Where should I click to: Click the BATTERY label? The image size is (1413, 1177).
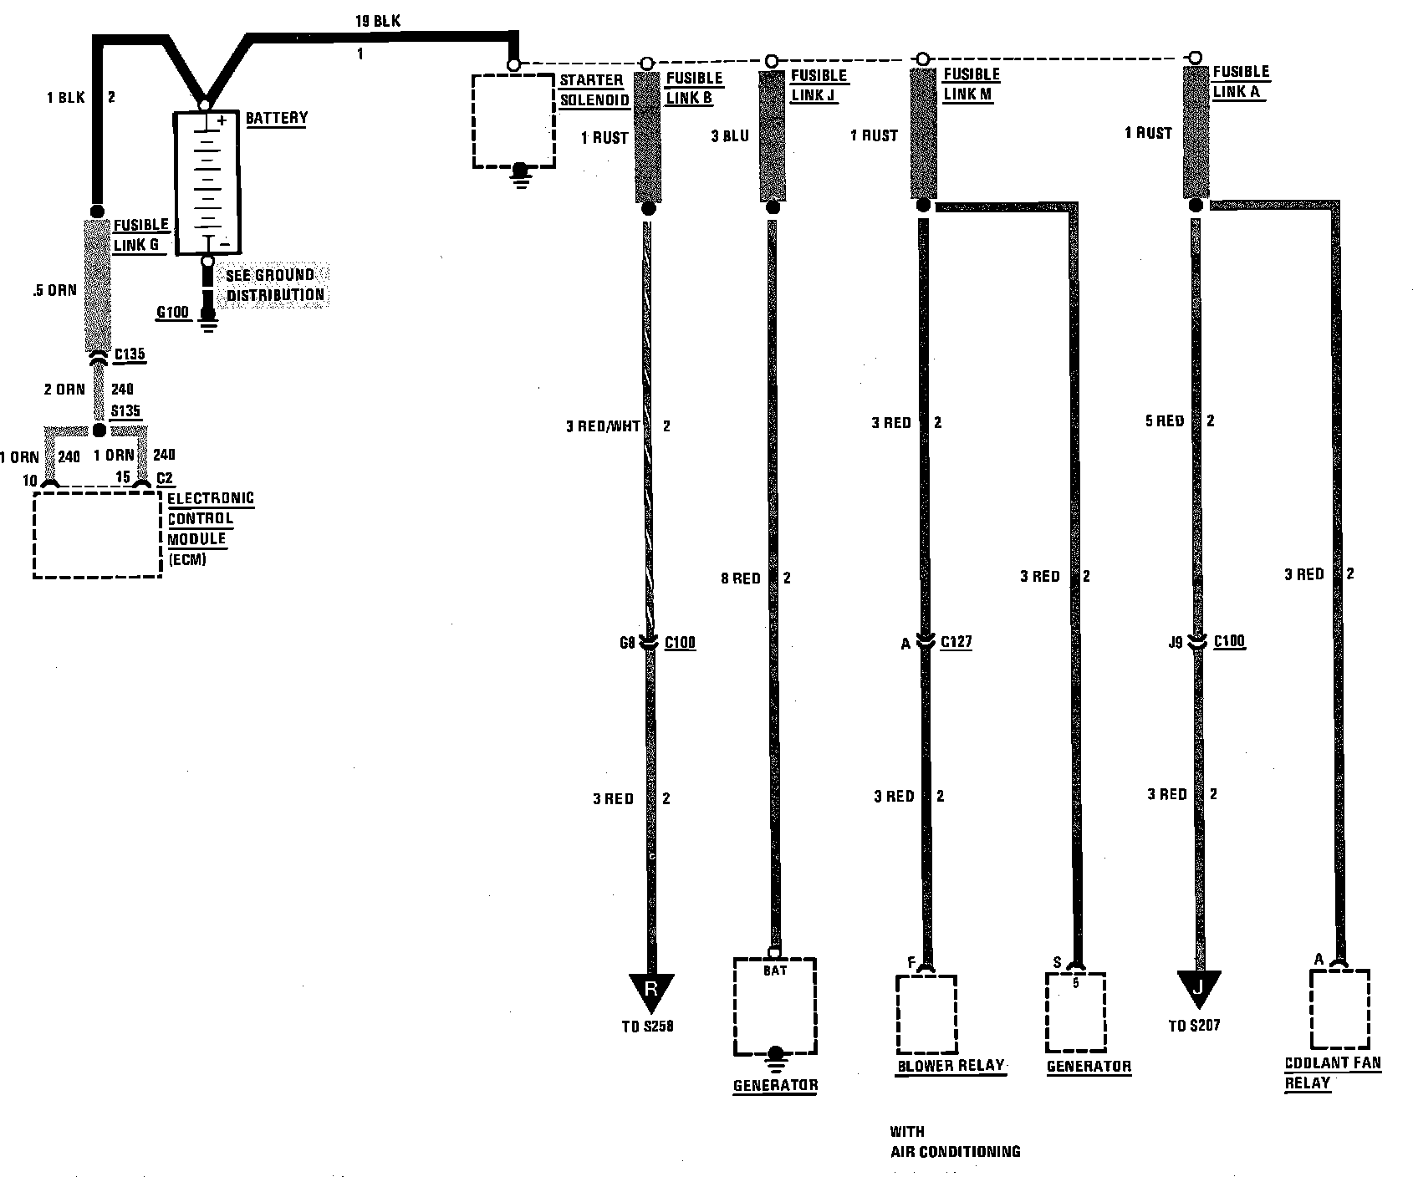pyautogui.click(x=276, y=118)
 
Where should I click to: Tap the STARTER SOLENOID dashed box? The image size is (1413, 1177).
pyautogui.click(x=513, y=121)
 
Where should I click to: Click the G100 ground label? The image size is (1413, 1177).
pyautogui.click(x=173, y=313)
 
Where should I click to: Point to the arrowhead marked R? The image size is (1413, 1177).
pyautogui.click(x=650, y=992)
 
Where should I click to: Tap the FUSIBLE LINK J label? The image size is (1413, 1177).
pyautogui.click(x=819, y=85)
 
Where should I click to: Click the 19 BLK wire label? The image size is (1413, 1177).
pyautogui.click(x=377, y=21)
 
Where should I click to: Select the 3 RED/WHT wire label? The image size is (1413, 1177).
pyautogui.click(x=602, y=426)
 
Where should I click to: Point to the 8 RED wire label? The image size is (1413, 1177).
pyautogui.click(x=741, y=578)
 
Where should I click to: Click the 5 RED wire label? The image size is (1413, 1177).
pyautogui.click(x=1165, y=421)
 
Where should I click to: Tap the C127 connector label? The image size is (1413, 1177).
pyautogui.click(x=956, y=643)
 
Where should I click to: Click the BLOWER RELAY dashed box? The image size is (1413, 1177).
pyautogui.click(x=926, y=1014)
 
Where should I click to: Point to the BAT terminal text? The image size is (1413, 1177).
pyautogui.click(x=774, y=971)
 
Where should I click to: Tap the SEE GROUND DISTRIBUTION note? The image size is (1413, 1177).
pyautogui.click(x=275, y=285)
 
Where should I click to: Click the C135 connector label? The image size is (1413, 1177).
pyautogui.click(x=130, y=354)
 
